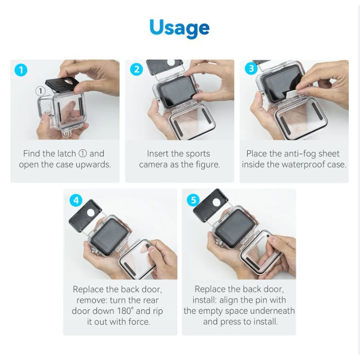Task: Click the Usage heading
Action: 180,28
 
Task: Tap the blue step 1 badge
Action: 21,70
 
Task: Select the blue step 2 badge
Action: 136,69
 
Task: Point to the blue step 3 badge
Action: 251,69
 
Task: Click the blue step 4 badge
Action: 76,200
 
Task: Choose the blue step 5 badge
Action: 193,200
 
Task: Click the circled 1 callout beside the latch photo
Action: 40,91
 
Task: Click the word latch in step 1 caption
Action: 65,153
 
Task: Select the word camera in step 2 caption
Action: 154,164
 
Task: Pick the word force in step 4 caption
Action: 139,322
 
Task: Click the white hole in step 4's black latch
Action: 90,213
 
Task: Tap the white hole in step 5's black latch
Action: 216,203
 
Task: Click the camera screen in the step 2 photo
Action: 177,92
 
